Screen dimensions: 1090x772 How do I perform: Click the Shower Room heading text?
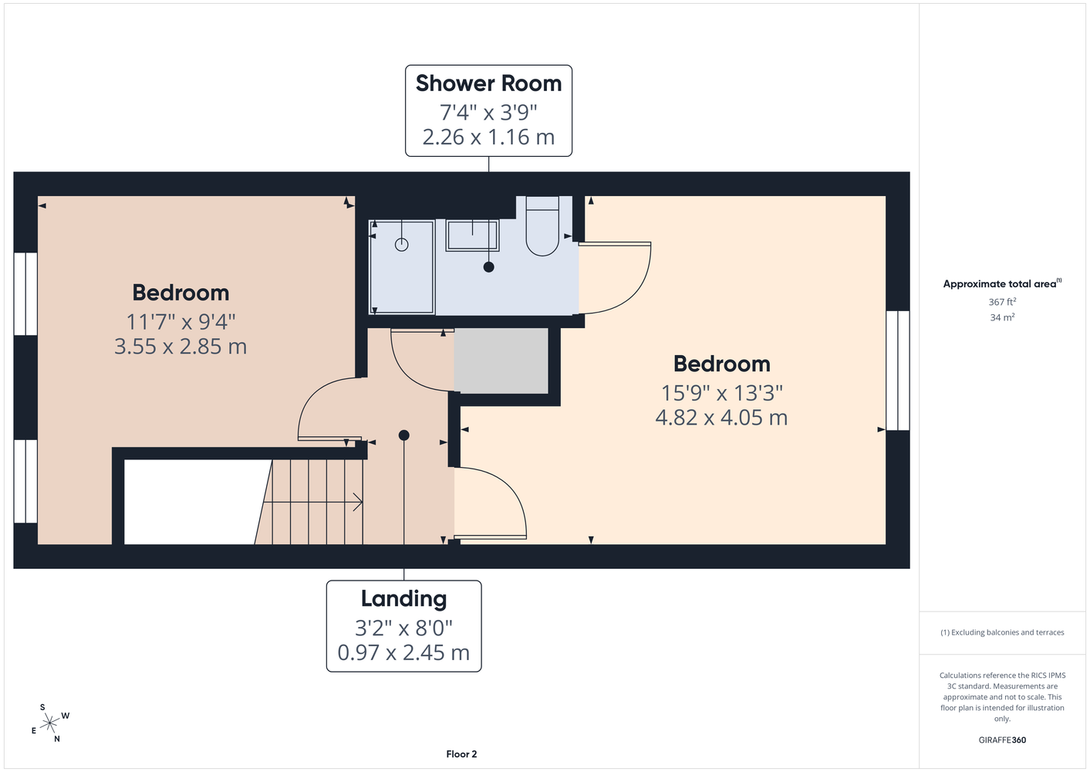click(x=488, y=83)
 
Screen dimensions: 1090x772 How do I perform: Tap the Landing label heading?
click(x=404, y=598)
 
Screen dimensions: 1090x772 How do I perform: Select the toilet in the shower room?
click(x=542, y=226)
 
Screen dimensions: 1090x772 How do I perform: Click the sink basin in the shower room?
click(x=472, y=235)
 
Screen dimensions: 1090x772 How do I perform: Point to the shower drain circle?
click(x=401, y=245)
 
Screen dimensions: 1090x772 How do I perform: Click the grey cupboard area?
click(x=501, y=361)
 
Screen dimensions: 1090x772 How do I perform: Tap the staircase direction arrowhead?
click(x=358, y=502)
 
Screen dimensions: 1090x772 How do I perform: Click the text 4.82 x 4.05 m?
click(x=721, y=418)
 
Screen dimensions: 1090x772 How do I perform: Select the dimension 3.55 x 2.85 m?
click(x=181, y=347)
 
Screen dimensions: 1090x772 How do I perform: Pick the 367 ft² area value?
click(x=1002, y=302)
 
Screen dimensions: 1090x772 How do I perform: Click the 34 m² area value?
click(x=1002, y=317)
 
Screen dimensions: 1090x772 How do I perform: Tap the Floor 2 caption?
click(x=461, y=754)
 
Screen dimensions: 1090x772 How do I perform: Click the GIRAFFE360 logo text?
click(x=1002, y=740)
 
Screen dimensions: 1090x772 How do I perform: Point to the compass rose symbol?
click(x=49, y=723)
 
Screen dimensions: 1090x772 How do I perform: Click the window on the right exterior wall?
click(x=898, y=371)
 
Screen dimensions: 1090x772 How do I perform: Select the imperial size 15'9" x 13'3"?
click(x=721, y=393)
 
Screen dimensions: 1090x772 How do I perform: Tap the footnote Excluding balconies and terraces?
click(x=1002, y=632)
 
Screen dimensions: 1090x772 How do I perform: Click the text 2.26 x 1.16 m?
click(x=488, y=137)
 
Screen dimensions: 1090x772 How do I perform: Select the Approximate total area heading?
click(x=1002, y=283)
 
